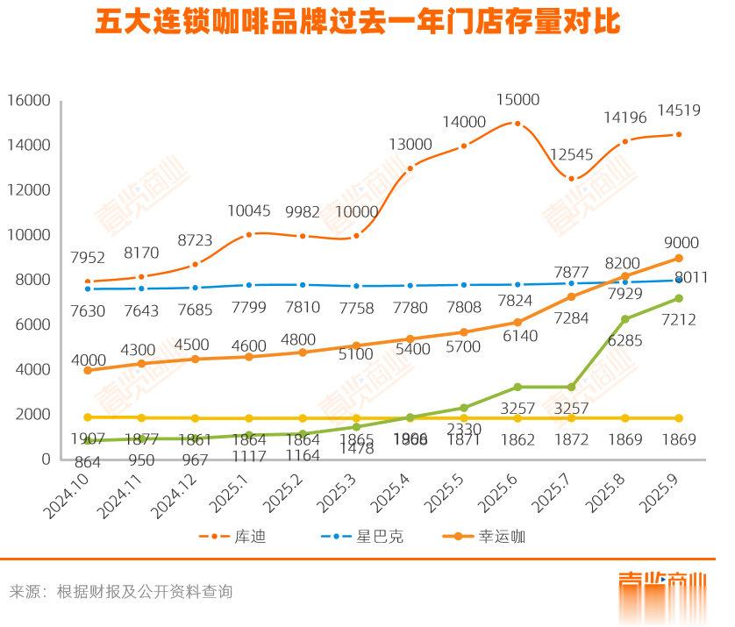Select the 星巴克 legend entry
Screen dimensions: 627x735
click(x=367, y=536)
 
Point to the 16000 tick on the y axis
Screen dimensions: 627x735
click(x=29, y=100)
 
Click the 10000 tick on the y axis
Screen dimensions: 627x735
click(x=29, y=235)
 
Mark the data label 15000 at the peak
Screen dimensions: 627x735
click(x=516, y=100)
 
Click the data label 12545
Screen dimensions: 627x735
click(x=573, y=154)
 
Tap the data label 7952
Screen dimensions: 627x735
click(x=88, y=258)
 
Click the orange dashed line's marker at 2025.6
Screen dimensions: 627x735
click(x=517, y=124)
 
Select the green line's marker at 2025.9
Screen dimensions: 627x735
click(x=678, y=299)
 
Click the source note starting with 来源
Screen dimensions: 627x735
click(x=121, y=591)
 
